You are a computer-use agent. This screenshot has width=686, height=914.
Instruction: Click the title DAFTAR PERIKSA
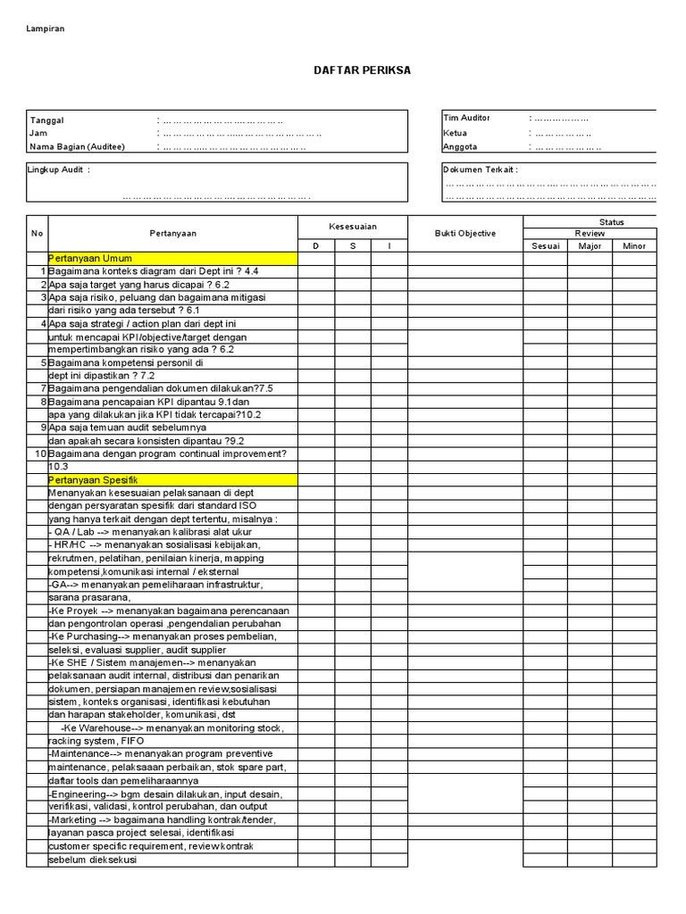point(363,71)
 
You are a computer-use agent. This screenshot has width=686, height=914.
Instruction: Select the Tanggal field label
point(46,120)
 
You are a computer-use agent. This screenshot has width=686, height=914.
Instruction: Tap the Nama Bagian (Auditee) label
point(77,146)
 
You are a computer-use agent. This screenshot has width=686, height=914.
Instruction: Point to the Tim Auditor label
point(466,118)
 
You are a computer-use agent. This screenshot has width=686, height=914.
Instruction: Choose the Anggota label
point(460,146)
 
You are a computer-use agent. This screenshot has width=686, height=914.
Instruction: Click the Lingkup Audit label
point(59,170)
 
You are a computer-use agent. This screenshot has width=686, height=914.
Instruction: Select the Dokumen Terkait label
point(480,170)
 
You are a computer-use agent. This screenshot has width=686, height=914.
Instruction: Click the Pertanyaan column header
point(173,234)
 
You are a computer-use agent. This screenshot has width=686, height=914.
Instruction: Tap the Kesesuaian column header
point(353,228)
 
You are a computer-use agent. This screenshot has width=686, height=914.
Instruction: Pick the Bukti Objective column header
point(464,234)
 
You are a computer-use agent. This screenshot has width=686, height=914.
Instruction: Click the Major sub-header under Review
point(590,246)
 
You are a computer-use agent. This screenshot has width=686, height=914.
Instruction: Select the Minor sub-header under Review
point(634,246)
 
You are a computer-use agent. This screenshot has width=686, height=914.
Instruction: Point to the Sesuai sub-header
point(545,246)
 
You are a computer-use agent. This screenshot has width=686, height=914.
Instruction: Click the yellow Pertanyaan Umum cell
point(171,259)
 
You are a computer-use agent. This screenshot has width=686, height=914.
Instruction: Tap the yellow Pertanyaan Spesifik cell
point(171,480)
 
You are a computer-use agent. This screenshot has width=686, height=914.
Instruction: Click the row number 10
point(39,453)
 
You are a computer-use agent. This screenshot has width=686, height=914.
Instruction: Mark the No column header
point(37,234)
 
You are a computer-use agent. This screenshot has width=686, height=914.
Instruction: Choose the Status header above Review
point(612,221)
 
